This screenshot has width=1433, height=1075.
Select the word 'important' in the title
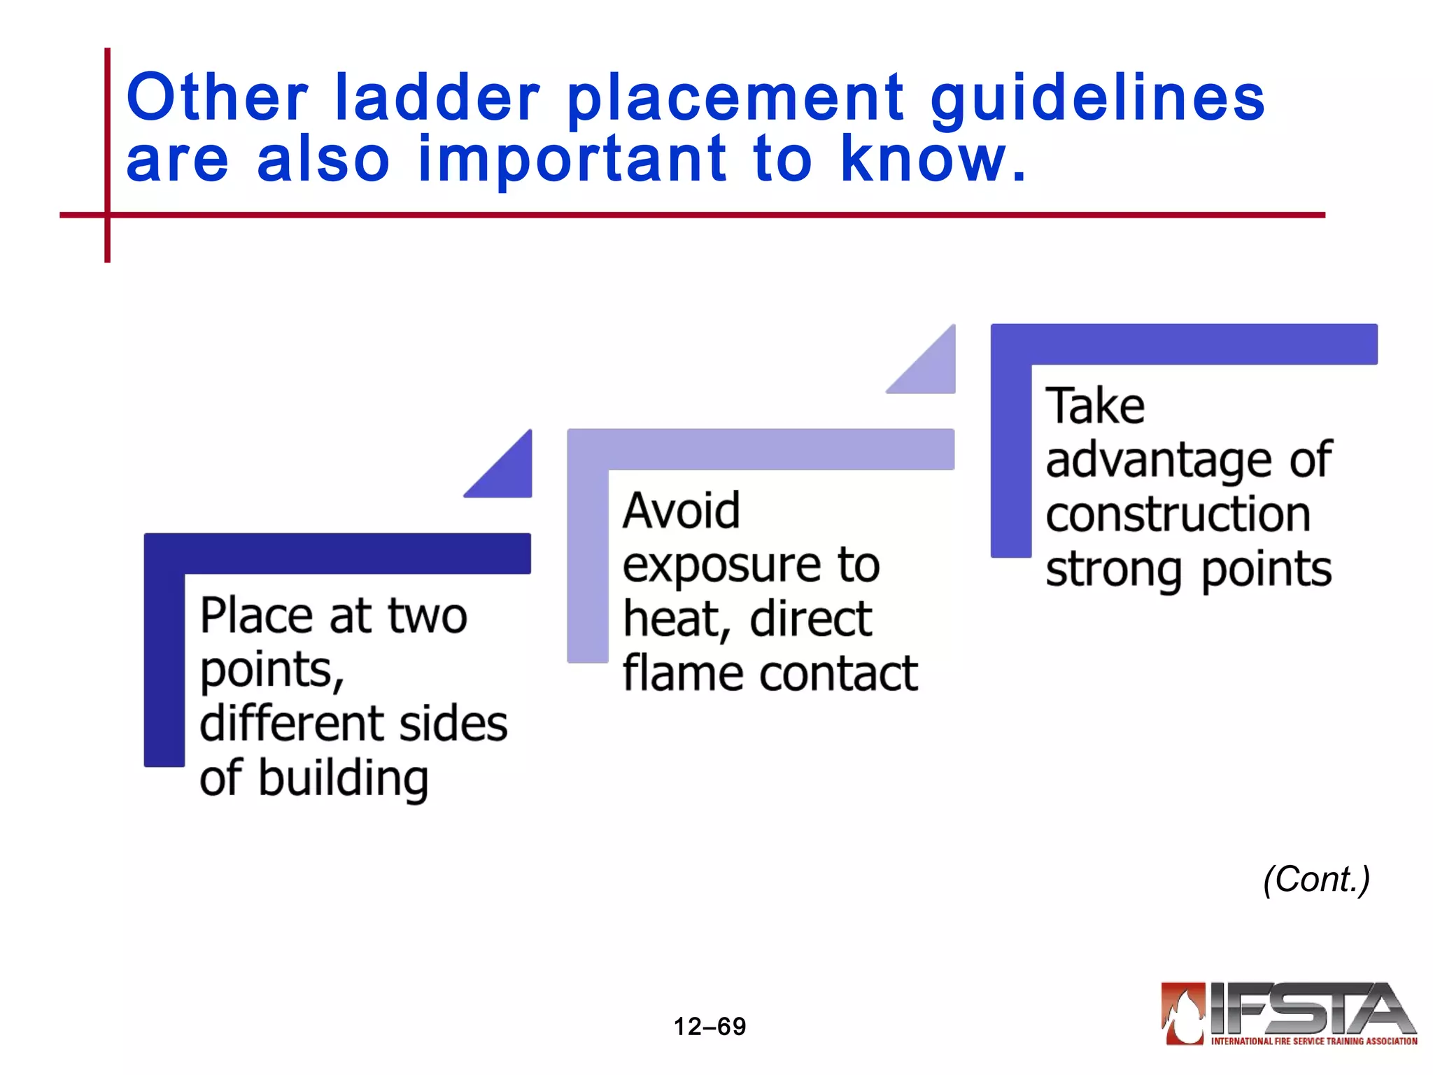pos(572,161)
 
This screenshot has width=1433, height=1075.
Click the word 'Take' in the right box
pos(1095,405)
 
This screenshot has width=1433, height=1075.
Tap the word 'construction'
pos(1178,514)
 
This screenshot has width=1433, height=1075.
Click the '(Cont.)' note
pos(1316,879)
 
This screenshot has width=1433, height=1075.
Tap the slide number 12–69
pos(710,1027)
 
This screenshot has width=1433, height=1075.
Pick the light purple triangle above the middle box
pos(931,367)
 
